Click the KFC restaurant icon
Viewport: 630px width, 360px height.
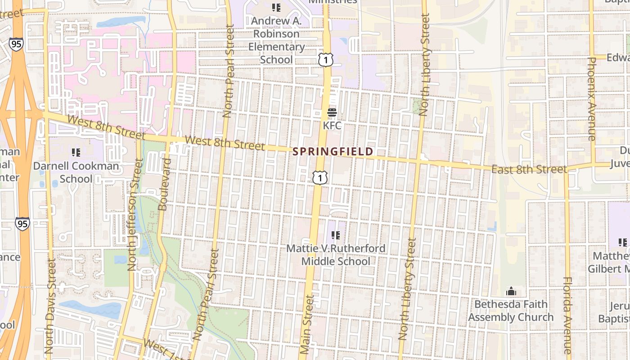(332, 112)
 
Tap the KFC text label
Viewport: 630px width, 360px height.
(332, 126)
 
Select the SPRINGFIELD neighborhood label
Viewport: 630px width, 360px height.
(333, 152)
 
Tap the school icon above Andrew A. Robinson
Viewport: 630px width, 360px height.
(276, 8)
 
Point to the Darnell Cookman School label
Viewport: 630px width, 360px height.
(76, 172)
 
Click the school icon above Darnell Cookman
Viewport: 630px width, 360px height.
(76, 153)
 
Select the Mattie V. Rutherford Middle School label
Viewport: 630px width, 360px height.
(336, 255)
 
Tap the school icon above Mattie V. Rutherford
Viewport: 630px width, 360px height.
(335, 235)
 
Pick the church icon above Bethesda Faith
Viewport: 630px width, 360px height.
(511, 292)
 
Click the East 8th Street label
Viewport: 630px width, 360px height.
(529, 169)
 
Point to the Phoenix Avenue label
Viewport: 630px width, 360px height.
(592, 99)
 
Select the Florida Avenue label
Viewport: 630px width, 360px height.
(567, 315)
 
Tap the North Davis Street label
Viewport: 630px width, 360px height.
(49, 306)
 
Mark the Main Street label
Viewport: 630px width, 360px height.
(306, 324)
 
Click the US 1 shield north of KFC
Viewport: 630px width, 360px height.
(326, 59)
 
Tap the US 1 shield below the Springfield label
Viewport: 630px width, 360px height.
(320, 178)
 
